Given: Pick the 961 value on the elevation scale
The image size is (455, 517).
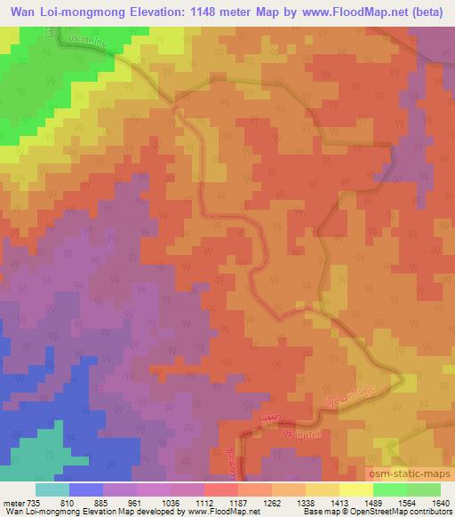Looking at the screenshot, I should [133, 501].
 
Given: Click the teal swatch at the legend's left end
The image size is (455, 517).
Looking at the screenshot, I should [52, 489].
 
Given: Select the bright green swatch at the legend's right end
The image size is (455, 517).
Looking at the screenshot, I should [423, 489].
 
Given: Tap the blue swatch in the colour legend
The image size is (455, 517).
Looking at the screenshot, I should [85, 489].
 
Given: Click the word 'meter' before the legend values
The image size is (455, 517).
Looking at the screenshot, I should [12, 501].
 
